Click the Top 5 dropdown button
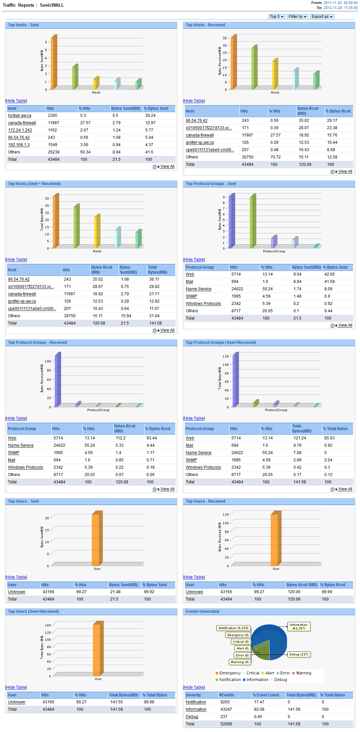tap(276, 17)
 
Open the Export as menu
tap(322, 17)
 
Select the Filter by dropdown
tap(297, 17)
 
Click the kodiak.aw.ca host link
tap(20, 116)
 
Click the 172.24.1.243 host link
tap(20, 130)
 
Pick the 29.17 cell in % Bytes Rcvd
tap(332, 121)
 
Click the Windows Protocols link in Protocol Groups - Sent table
tap(203, 304)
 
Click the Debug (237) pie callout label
tap(299, 654)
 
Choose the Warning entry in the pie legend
tap(303, 673)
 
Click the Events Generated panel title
tap(202, 611)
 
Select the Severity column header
tap(193, 695)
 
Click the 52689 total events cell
tap(226, 724)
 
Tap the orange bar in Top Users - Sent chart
tap(97, 539)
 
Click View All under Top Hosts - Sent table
tap(167, 166)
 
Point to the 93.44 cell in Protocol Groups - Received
tap(152, 438)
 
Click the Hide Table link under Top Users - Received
tap(194, 577)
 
